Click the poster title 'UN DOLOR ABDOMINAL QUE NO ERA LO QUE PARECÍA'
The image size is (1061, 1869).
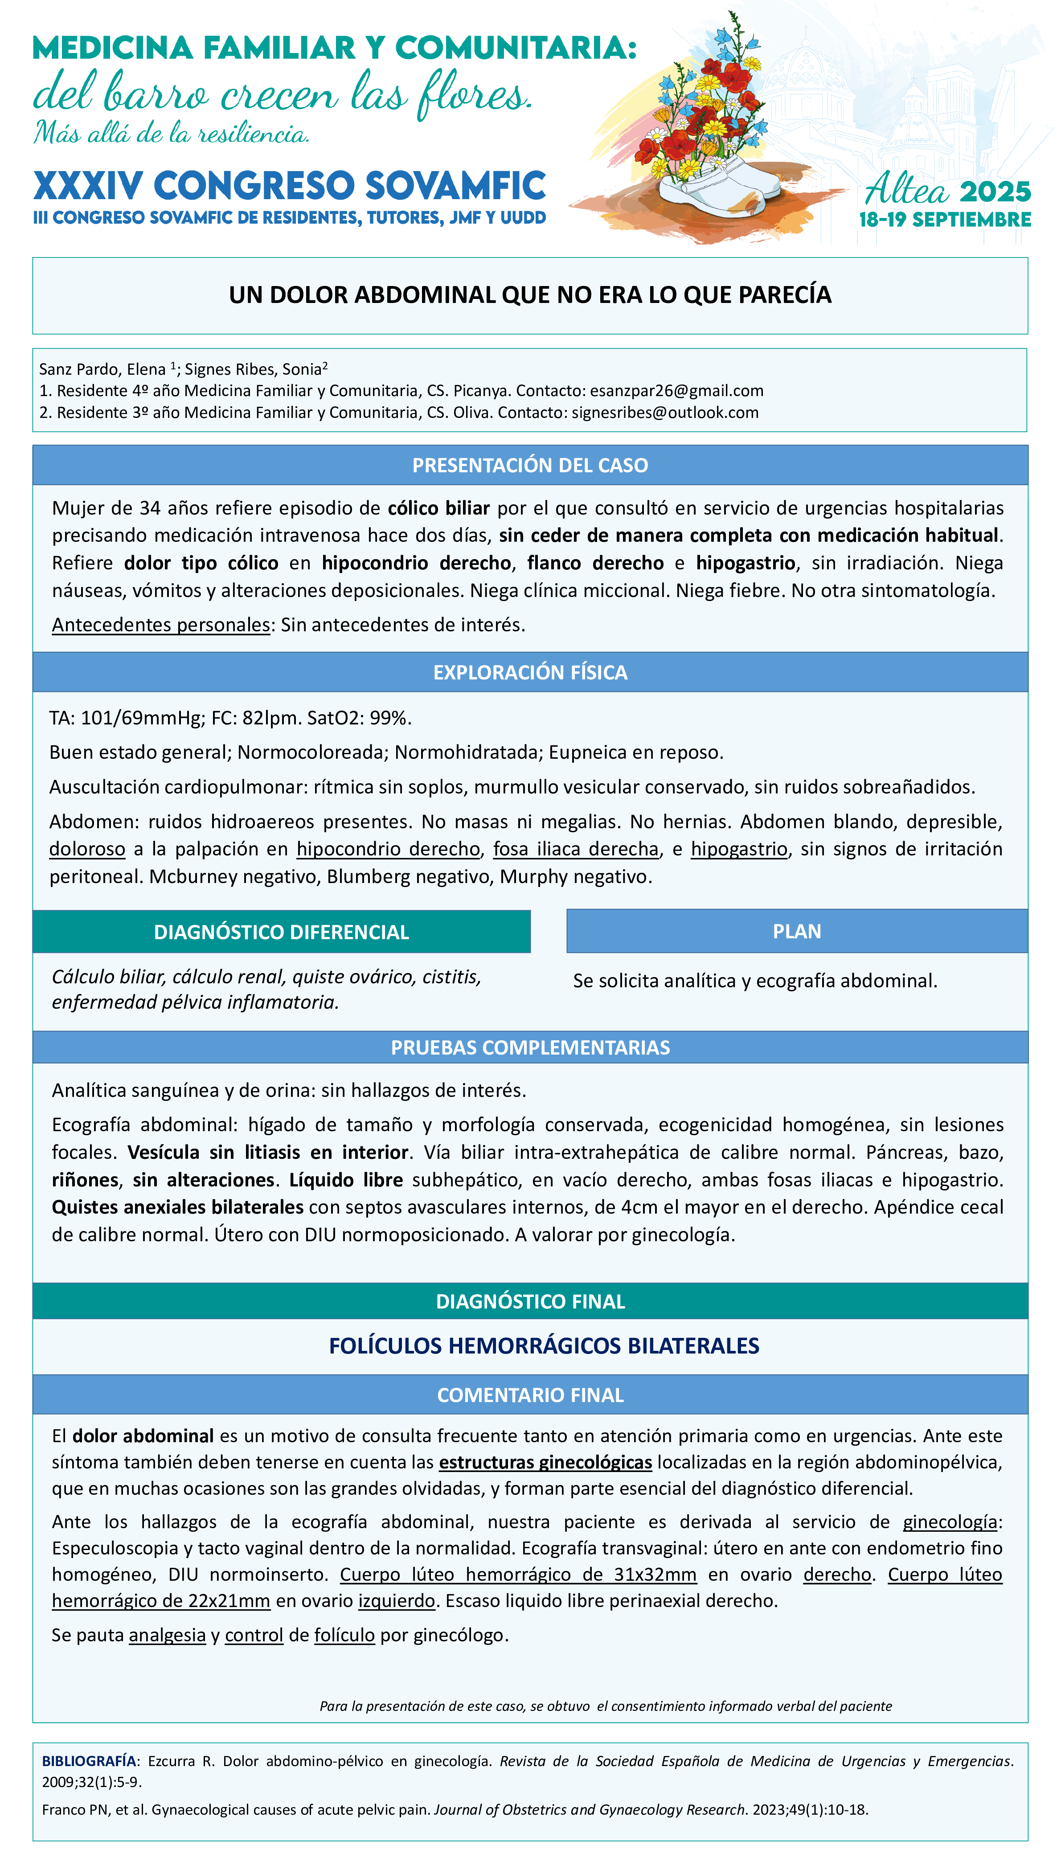click(x=530, y=295)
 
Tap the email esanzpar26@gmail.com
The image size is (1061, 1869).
click(x=676, y=391)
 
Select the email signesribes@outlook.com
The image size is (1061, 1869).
click(x=664, y=413)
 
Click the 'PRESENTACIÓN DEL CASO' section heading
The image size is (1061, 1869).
click(x=530, y=466)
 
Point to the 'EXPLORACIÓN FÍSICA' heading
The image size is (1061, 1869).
click(x=530, y=672)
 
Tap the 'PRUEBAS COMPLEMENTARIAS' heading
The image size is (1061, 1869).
click(x=530, y=1047)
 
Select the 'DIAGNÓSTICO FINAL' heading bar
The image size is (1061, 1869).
click(x=530, y=1301)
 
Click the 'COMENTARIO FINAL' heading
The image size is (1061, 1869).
click(x=530, y=1395)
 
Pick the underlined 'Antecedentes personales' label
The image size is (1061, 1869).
click(x=161, y=625)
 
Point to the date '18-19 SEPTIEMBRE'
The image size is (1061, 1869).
click(x=945, y=220)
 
